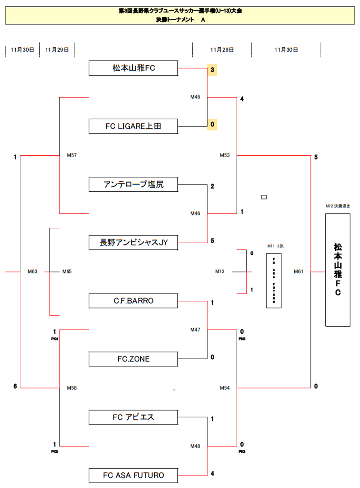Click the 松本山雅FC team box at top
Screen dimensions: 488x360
pyautogui.click(x=134, y=68)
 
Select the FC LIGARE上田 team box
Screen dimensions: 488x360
pyautogui.click(x=134, y=127)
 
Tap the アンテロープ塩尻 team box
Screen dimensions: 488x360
pyautogui.click(x=134, y=184)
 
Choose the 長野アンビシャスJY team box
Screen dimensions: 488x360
pyautogui.click(x=134, y=243)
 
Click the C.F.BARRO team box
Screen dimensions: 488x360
pyautogui.click(x=134, y=301)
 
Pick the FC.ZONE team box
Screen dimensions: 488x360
pyautogui.click(x=134, y=359)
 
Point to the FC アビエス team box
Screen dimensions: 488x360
pyautogui.click(x=134, y=417)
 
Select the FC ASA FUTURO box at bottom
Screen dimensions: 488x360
pyautogui.click(x=134, y=475)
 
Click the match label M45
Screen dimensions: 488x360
pyautogui.click(x=195, y=97)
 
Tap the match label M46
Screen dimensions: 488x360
pyautogui.click(x=195, y=213)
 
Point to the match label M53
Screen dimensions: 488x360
pyautogui.click(x=225, y=155)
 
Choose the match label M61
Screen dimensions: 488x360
pyautogui.click(x=299, y=271)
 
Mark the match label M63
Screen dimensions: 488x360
pyautogui.click(x=32, y=271)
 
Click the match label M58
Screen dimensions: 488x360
pyautogui.click(x=72, y=388)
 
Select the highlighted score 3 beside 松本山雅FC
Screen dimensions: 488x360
pyautogui.click(x=212, y=70)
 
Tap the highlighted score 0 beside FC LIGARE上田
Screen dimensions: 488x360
pyautogui.click(x=212, y=124)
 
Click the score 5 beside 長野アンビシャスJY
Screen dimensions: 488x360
pyautogui.click(x=212, y=240)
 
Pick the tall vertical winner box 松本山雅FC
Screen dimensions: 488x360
pyautogui.click(x=337, y=270)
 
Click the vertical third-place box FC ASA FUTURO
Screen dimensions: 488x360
pyautogui.click(x=274, y=280)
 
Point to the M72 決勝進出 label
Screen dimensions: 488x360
pyautogui.click(x=337, y=206)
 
